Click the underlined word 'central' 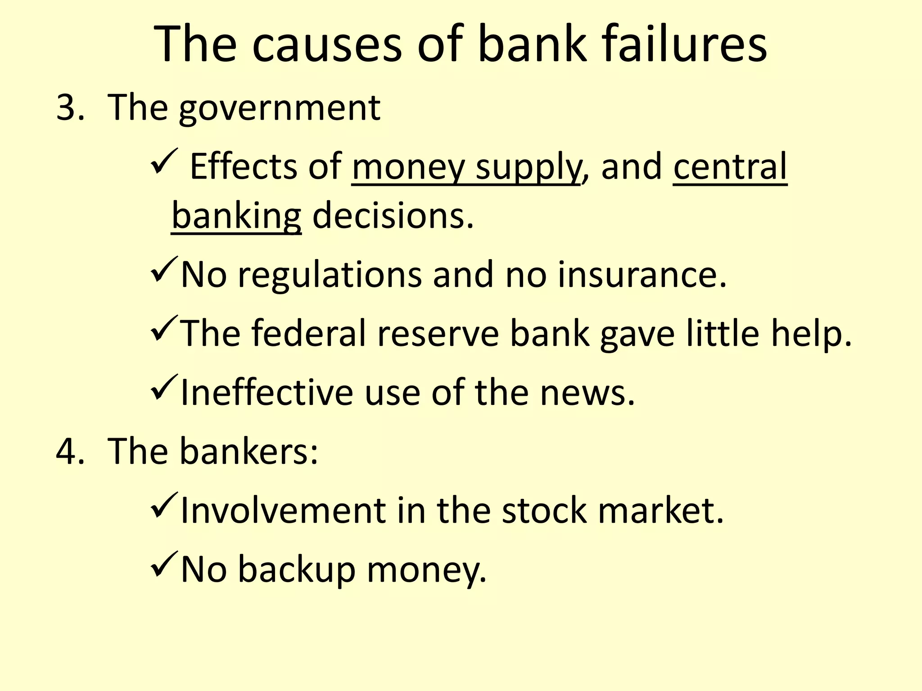(x=730, y=166)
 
